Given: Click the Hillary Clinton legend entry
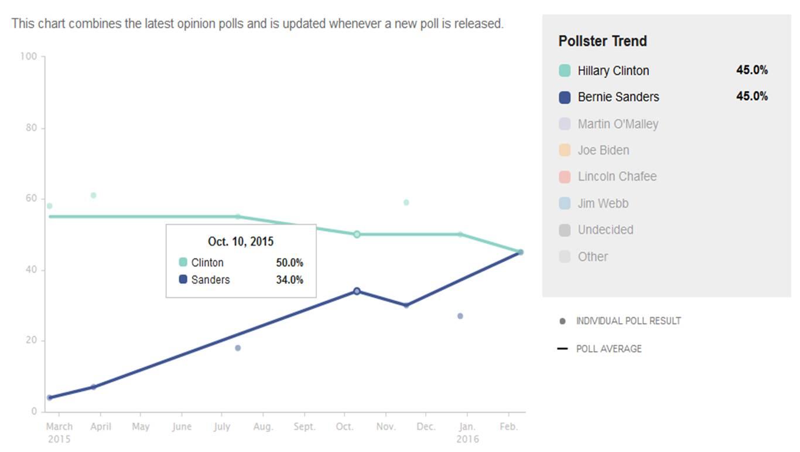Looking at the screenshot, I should pos(613,71).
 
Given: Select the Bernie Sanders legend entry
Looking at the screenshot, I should pos(618,97).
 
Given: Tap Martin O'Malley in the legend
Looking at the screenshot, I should pos(617,124).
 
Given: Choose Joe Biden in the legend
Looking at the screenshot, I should pos(603,151).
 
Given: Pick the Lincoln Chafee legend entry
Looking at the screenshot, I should pos(617,177).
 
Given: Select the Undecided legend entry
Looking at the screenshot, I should pos(605,230).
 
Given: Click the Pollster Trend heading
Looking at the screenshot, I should pos(603,41).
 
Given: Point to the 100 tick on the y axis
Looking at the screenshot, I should pos(28,56).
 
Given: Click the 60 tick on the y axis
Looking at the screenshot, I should pos(31,199).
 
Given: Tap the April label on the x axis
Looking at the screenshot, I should pos(100,427).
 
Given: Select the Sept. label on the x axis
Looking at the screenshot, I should pos(305,427).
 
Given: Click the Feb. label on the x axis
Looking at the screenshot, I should pos(509,427).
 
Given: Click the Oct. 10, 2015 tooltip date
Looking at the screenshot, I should pos(241,242).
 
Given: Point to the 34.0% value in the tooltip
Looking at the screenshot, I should pos(289,280).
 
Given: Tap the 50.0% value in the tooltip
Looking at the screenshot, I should pos(289,263).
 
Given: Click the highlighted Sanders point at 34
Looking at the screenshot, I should pos(357,291).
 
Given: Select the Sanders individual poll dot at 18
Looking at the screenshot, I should pos(238,348).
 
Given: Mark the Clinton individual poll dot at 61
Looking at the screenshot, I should pos(93,195).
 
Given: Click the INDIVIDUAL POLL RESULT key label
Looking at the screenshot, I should pos(628,321).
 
